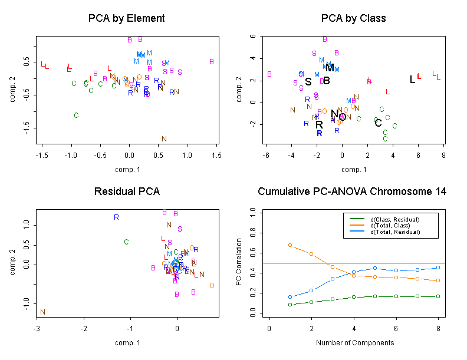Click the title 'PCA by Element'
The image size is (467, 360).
pos(126,18)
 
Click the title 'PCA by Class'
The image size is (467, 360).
pos(354,18)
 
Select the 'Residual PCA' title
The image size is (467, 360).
pos(126,191)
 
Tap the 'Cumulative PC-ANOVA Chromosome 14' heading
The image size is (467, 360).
pos(352,191)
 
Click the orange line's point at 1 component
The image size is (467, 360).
pos(290,245)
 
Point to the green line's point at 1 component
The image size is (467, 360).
pos(290,304)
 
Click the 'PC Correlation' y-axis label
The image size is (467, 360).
pos(239,262)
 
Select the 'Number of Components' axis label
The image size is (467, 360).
pos(354,342)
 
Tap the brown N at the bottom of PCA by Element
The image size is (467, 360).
pos(164,139)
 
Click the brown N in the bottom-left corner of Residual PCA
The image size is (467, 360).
pos(42,312)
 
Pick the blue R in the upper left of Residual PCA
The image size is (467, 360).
pos(116,217)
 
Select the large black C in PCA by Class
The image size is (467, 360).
pos(378,123)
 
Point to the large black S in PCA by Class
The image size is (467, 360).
pos(308,82)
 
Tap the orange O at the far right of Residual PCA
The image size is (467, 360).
pos(212,286)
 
